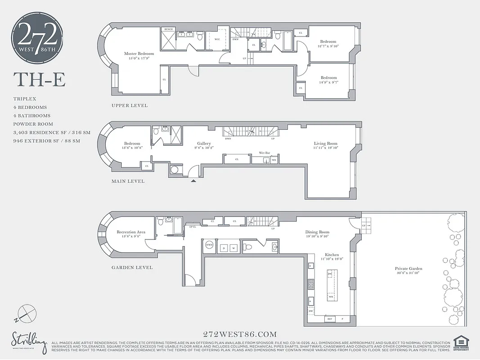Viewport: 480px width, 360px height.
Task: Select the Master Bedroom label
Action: tap(139, 54)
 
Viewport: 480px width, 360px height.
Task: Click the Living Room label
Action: tap(326, 144)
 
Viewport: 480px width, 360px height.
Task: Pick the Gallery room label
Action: tap(204, 144)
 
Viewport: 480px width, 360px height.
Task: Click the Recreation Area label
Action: tap(131, 232)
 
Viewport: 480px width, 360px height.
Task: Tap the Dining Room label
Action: tap(317, 232)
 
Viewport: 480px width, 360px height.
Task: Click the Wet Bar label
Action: tap(265, 153)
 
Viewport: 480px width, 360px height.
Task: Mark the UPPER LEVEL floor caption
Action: tap(130, 106)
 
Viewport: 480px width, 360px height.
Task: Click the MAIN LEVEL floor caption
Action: tap(128, 181)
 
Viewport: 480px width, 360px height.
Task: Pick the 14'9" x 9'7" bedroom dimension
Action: tap(328, 82)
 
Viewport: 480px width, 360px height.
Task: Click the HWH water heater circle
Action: tap(209, 245)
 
